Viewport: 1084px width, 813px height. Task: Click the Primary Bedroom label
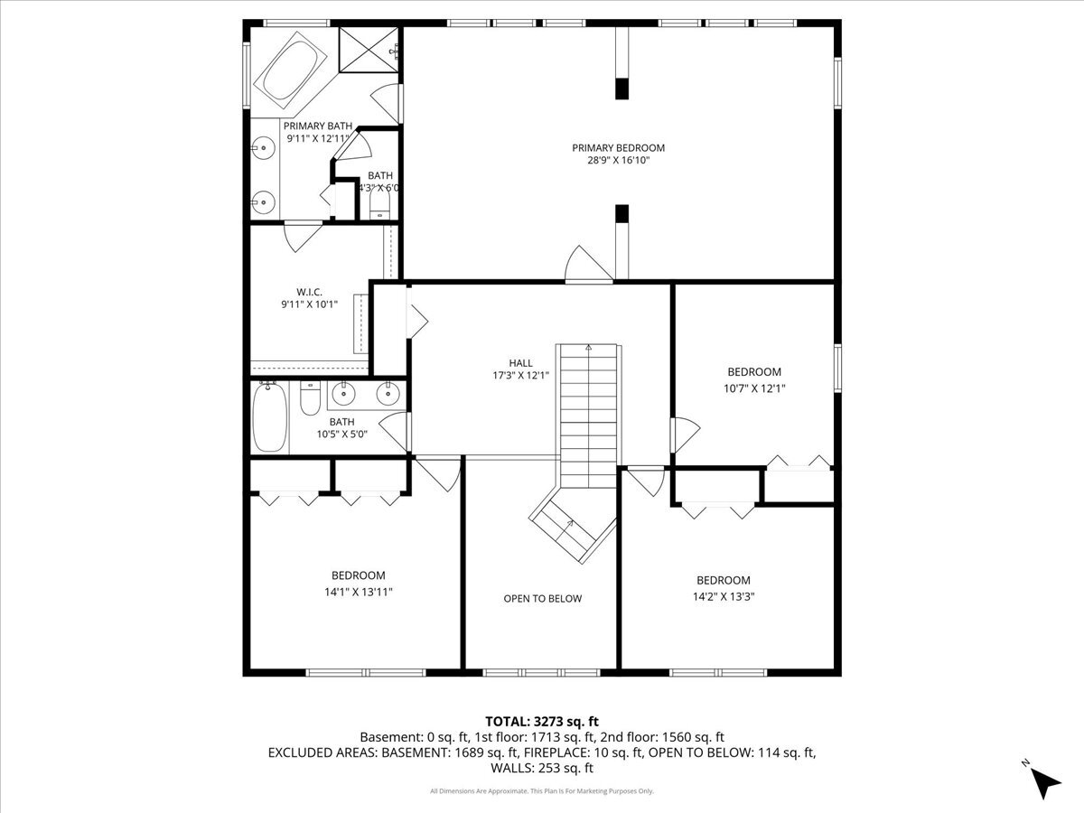tap(618, 147)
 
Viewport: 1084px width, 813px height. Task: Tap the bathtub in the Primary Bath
tap(290, 70)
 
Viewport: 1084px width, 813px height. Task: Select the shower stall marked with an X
tap(369, 50)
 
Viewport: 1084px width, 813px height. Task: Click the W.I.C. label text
tap(309, 292)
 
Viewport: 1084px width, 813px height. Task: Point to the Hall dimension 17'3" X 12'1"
tap(520, 376)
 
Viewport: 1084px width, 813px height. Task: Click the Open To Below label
tap(543, 598)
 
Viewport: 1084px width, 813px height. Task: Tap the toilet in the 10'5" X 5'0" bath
tap(310, 397)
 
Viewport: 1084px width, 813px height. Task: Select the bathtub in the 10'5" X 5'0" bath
tap(269, 416)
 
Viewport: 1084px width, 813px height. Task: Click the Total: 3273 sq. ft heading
tap(542, 722)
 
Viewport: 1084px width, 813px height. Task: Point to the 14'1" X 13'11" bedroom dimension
tap(358, 592)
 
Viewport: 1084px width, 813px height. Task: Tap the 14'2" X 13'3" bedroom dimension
tap(724, 596)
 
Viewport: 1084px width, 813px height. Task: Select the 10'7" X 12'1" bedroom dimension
tap(754, 388)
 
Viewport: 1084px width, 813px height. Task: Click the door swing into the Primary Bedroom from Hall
tap(588, 264)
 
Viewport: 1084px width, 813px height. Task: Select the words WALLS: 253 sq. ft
tap(542, 768)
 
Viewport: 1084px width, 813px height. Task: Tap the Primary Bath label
tap(318, 126)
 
